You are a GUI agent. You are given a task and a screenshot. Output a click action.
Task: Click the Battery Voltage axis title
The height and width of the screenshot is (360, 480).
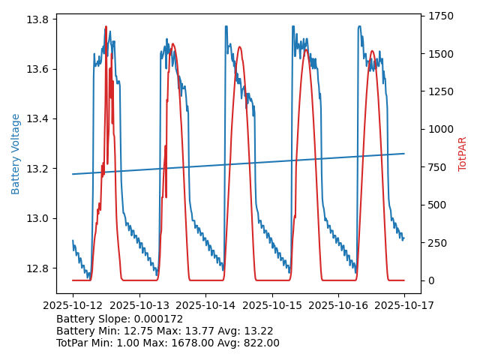tap(16, 154)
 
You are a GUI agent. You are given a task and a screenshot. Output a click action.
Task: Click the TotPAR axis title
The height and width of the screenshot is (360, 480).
tap(463, 154)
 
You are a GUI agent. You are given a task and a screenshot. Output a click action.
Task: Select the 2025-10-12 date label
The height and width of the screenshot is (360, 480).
tap(73, 305)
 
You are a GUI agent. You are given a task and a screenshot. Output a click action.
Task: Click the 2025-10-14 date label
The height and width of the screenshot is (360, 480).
tap(205, 305)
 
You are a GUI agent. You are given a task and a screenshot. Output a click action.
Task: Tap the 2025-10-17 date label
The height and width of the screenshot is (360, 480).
tap(404, 305)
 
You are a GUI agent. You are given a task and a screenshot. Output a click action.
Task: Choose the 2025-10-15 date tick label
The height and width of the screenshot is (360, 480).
tap(271, 305)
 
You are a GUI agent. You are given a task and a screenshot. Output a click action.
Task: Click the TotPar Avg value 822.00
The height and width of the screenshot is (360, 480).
tap(259, 343)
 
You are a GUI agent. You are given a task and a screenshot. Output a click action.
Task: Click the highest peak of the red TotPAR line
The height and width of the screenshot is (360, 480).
tap(106, 27)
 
